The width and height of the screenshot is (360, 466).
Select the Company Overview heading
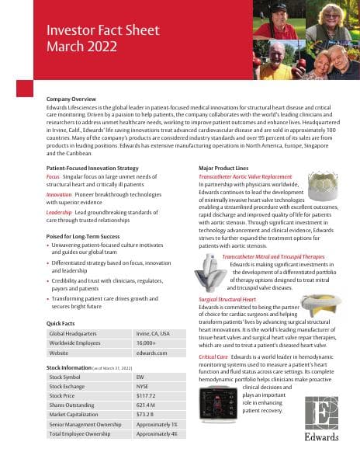[x=71, y=100]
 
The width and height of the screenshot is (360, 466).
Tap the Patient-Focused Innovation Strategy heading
[x=92, y=169]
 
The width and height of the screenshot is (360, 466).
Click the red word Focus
[x=53, y=176]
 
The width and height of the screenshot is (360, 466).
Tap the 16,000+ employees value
[x=147, y=343]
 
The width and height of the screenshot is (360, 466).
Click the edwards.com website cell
[x=151, y=353]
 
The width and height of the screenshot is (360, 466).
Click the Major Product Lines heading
[x=227, y=169]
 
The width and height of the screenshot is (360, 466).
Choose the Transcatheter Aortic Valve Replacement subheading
[x=245, y=176]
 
